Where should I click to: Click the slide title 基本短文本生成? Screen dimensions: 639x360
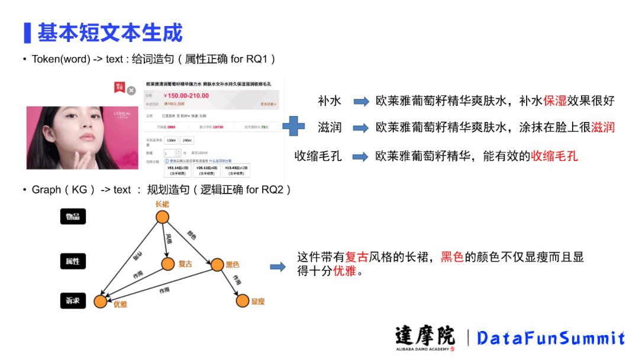[110, 32]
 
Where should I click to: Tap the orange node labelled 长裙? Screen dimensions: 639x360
[163, 217]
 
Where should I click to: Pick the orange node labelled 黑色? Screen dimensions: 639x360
[215, 264]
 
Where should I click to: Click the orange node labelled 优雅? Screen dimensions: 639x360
[101, 302]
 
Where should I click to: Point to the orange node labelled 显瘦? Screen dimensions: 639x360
[243, 301]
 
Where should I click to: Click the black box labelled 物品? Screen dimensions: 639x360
[73, 217]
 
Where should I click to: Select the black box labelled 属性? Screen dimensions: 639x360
[73, 261]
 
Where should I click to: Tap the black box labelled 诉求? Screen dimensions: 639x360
[73, 301]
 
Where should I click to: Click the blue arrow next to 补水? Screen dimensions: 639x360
[361, 101]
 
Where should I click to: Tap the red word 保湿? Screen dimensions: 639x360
[555, 101]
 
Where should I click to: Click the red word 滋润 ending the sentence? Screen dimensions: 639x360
[603, 127]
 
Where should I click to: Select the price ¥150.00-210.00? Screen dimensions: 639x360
[187, 96]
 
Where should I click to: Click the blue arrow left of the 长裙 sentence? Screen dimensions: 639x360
[277, 266]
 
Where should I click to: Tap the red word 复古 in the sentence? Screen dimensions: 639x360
[357, 258]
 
